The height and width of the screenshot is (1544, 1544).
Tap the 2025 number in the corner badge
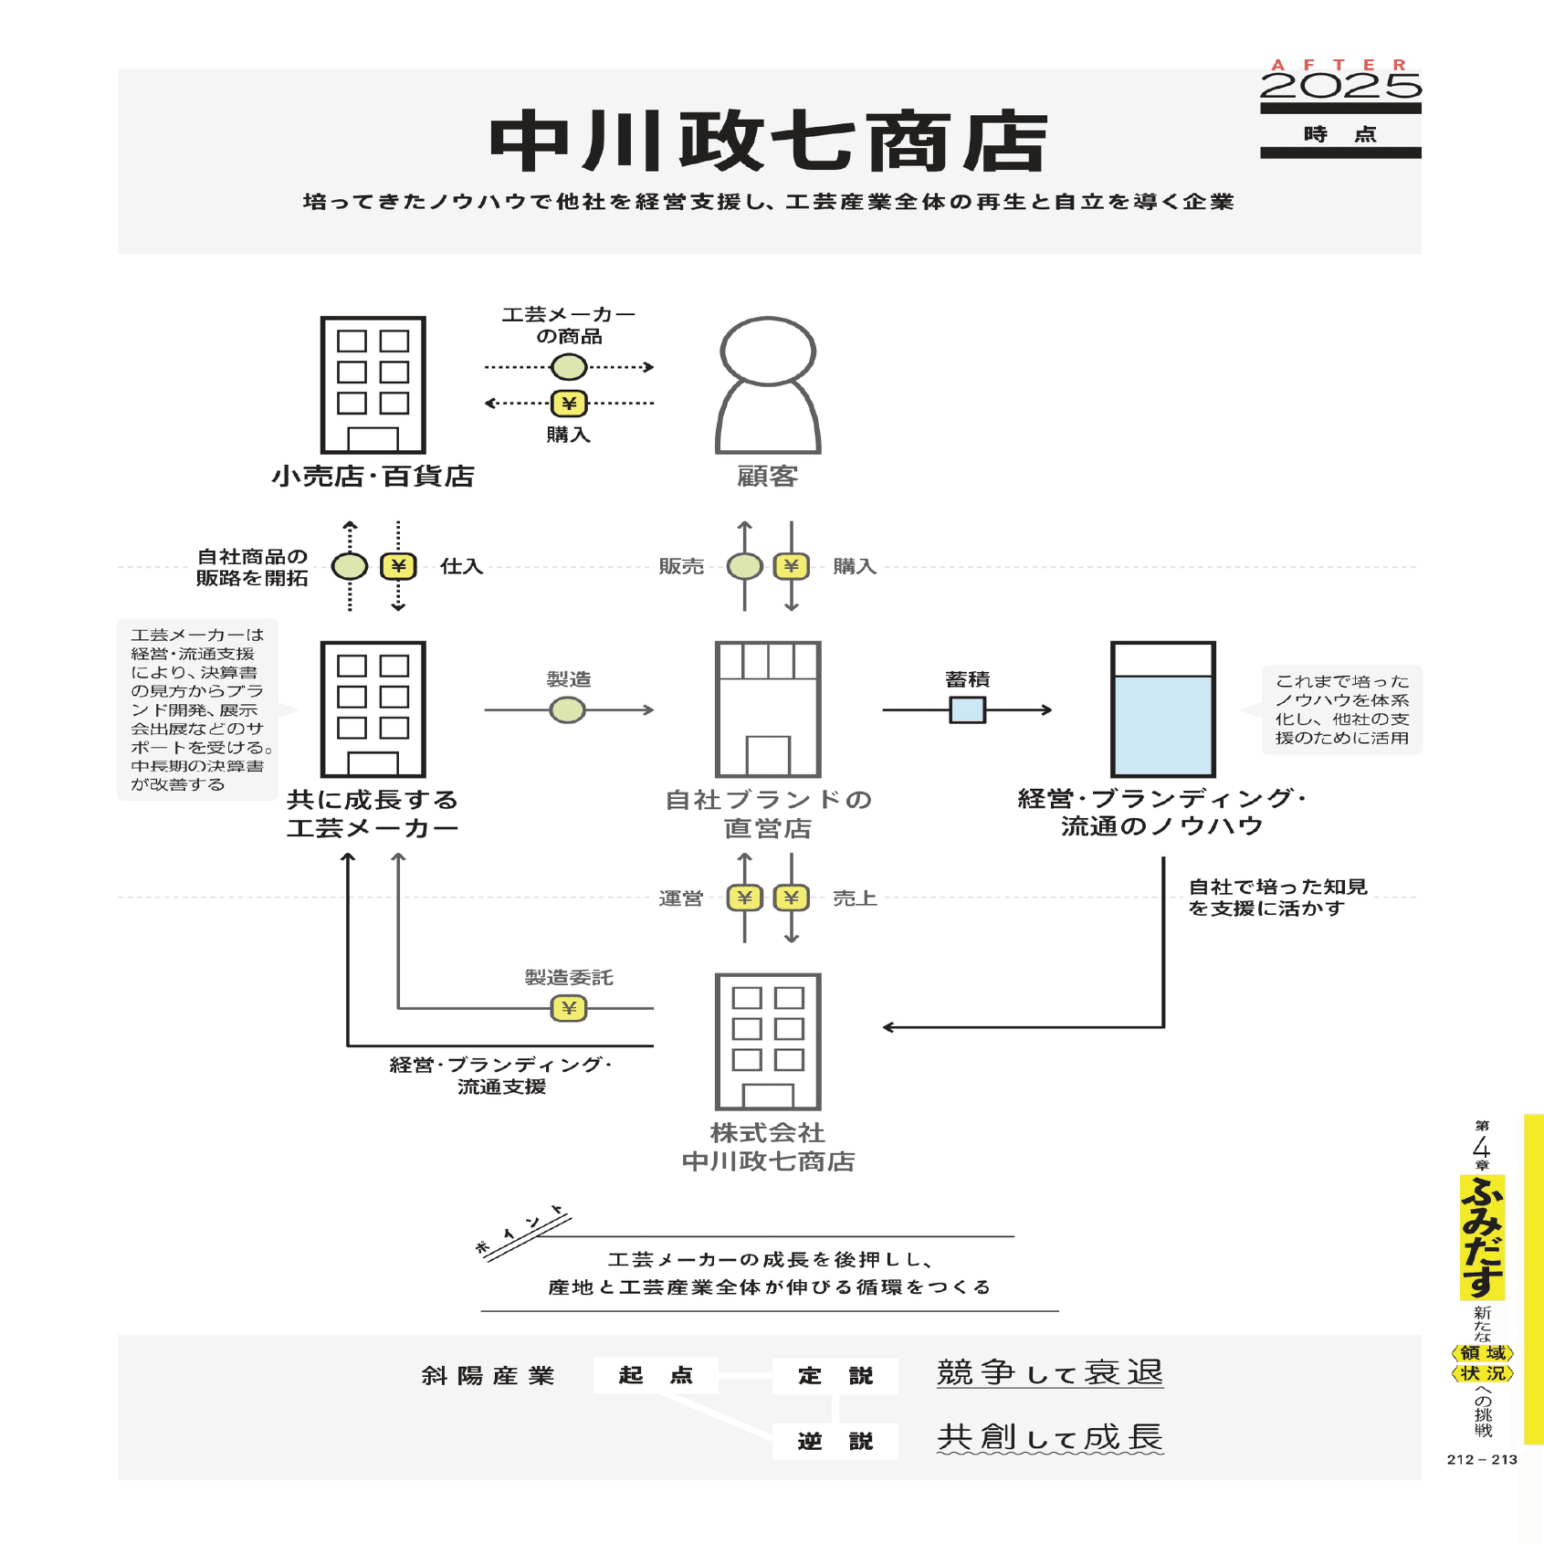[x=1339, y=87]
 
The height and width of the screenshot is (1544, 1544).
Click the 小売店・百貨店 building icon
[x=373, y=384]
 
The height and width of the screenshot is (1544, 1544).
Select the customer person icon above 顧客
[x=768, y=384]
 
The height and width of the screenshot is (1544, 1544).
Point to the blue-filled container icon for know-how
[x=1162, y=709]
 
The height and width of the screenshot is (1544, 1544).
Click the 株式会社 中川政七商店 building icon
[x=768, y=1042]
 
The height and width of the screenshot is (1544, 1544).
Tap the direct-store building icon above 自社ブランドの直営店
[x=768, y=709]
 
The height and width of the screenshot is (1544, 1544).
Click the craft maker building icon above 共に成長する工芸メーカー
[x=373, y=709]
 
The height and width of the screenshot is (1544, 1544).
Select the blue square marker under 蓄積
[x=967, y=709]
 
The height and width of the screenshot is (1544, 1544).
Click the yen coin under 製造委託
[x=568, y=1008]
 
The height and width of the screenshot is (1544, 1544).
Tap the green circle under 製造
[x=567, y=709]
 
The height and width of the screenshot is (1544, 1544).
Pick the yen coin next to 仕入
[x=398, y=566]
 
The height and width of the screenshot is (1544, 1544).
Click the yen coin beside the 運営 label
[x=744, y=898]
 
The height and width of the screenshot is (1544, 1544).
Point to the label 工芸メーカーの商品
[x=568, y=325]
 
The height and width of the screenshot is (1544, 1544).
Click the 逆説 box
[x=835, y=1441]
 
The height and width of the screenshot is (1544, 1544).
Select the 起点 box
[x=655, y=1375]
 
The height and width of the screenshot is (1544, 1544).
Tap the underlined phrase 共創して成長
[x=1050, y=1437]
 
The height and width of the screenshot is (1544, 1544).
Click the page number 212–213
[x=1481, y=1459]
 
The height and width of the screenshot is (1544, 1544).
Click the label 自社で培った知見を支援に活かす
[x=1276, y=897]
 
